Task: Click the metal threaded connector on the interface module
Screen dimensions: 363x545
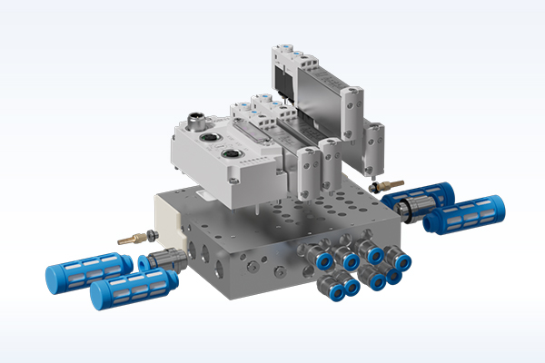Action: point(195,119)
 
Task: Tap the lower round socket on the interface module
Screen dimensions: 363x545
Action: point(230,154)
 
